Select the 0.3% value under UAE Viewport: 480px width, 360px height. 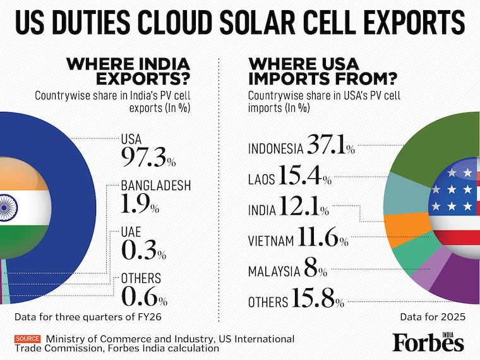pos(143,250)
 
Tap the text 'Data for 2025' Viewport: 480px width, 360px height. pos(433,317)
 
